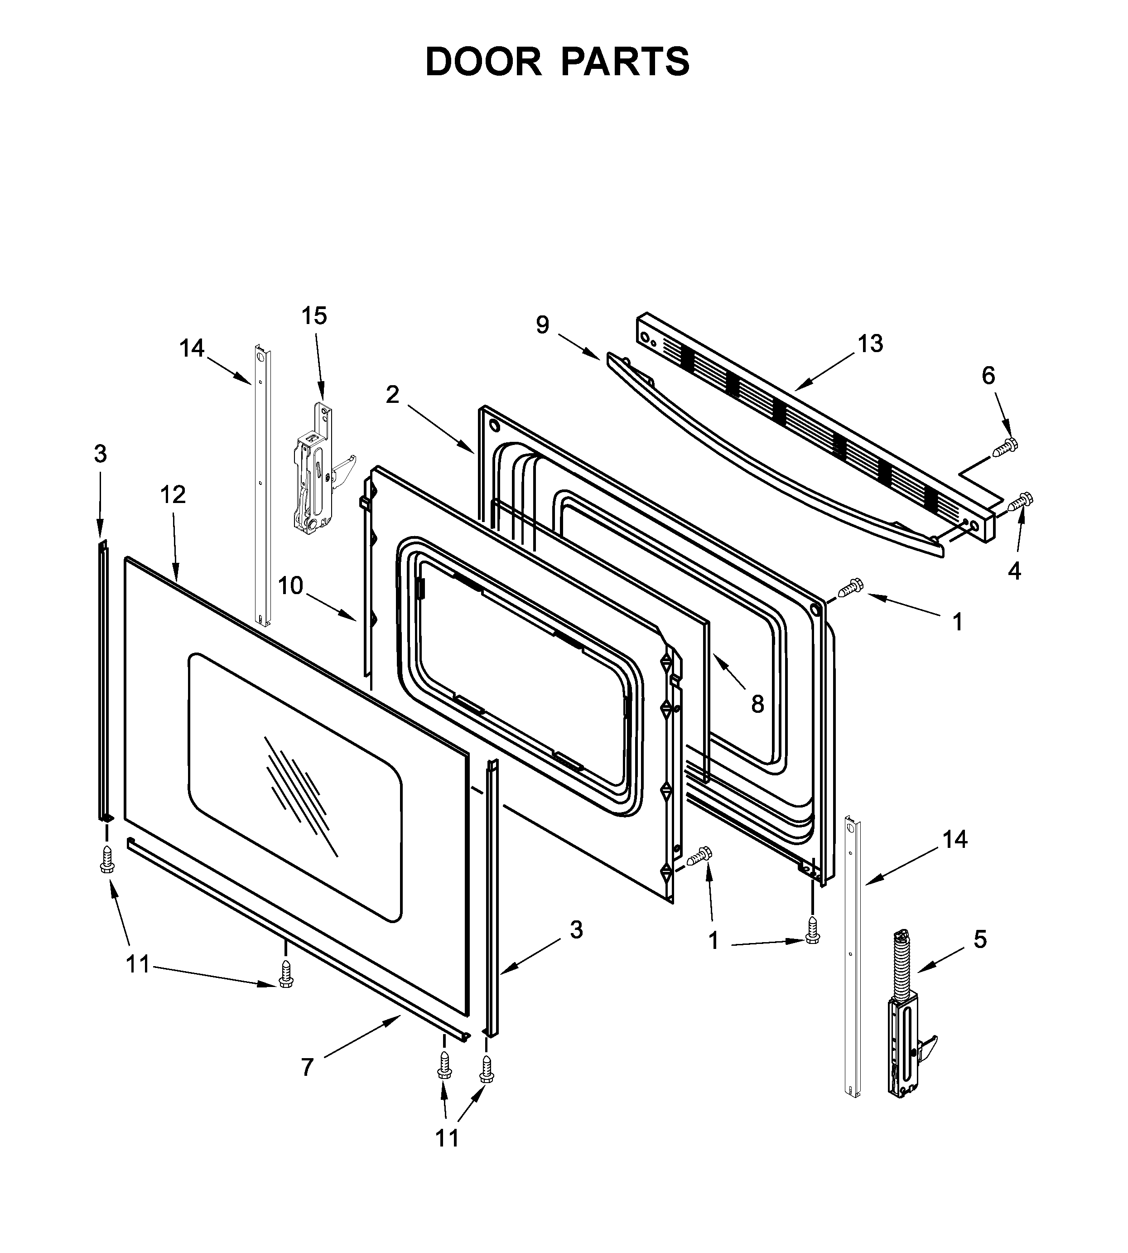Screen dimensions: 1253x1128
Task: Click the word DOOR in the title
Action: pyautogui.click(x=483, y=62)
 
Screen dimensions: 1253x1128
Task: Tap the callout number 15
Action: pyautogui.click(x=314, y=316)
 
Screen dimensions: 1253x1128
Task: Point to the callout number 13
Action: pyautogui.click(x=870, y=344)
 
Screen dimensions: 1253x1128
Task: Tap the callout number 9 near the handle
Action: pyautogui.click(x=542, y=325)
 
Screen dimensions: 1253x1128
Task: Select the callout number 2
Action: pyautogui.click(x=392, y=394)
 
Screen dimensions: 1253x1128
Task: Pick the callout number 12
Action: pyautogui.click(x=173, y=495)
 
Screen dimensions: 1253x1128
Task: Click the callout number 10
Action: pyautogui.click(x=290, y=585)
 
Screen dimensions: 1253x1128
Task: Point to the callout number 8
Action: pyautogui.click(x=757, y=704)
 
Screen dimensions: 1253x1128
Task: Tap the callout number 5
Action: pyautogui.click(x=980, y=940)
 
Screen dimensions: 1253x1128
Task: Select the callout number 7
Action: pyautogui.click(x=308, y=1068)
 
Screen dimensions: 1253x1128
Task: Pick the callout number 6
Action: pyautogui.click(x=988, y=376)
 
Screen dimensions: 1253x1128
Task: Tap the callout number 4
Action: pyautogui.click(x=1014, y=571)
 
